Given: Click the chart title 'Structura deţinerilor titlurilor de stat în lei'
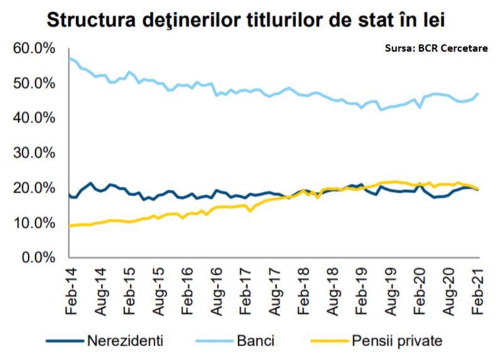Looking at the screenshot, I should click(251, 19).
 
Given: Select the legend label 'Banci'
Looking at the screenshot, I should click(255, 342).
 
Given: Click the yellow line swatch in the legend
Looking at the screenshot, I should click(327, 342).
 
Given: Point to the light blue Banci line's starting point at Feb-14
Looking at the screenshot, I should click(69, 59).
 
